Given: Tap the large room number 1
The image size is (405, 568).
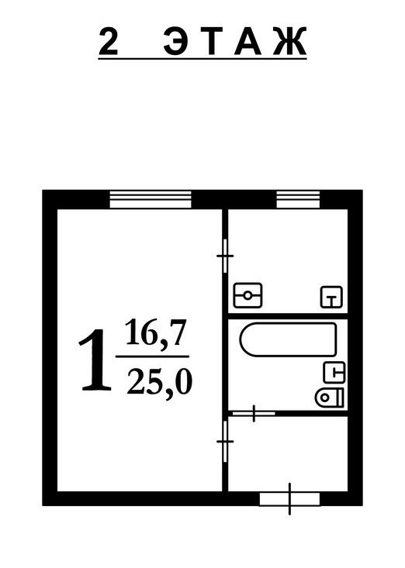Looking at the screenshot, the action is click(95, 360).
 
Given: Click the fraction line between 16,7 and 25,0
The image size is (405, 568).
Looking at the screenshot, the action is click(152, 356).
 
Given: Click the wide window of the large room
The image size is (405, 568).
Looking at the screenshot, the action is click(151, 199).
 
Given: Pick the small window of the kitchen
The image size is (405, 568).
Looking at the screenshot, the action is click(299, 199).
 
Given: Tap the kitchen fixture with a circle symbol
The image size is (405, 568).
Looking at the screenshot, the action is click(247, 295).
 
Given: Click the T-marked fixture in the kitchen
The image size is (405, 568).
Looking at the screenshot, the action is click(331, 297).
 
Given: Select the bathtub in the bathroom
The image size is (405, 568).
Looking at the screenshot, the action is click(289, 339).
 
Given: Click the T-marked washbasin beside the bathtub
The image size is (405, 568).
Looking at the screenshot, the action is click(334, 373).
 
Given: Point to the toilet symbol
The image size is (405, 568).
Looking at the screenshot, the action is click(329, 398).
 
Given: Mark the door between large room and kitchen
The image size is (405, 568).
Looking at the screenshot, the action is click(225, 256).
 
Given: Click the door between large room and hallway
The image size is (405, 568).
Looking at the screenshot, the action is click(225, 441).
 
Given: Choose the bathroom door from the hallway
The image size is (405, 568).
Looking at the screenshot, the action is click(254, 413).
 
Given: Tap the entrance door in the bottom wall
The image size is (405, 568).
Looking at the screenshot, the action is click(289, 499).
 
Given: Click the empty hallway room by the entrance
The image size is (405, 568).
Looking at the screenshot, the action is click(288, 454).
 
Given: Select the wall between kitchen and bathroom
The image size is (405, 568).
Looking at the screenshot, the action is click(288, 316).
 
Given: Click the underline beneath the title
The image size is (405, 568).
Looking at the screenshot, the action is click(202, 58).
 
